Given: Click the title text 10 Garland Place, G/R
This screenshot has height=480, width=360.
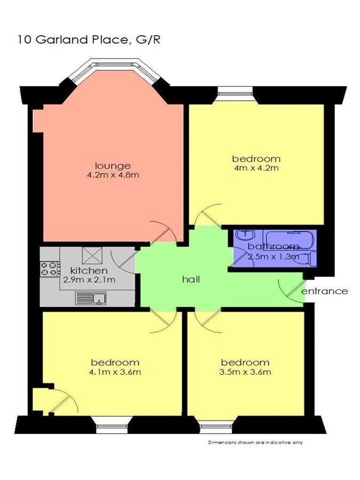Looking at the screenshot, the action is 89,40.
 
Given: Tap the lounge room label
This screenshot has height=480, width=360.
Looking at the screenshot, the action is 113,166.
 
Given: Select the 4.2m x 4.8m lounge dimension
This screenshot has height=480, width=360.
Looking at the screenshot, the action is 113,175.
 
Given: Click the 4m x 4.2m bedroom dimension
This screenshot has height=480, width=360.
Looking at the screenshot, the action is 256,168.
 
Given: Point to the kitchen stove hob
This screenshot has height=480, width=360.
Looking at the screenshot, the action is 49,269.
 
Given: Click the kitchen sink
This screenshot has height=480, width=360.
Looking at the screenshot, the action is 91,299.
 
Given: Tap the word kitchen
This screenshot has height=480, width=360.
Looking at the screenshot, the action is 89,270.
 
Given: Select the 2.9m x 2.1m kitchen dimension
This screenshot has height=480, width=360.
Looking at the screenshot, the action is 89,280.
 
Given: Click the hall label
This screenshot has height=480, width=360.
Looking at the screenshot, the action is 191,279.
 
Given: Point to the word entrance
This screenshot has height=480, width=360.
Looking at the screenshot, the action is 324,291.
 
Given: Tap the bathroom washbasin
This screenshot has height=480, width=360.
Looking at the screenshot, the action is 245,235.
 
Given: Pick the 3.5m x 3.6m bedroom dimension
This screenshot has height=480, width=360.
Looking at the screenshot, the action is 245,372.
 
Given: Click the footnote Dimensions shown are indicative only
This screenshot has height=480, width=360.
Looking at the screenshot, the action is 255,442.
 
